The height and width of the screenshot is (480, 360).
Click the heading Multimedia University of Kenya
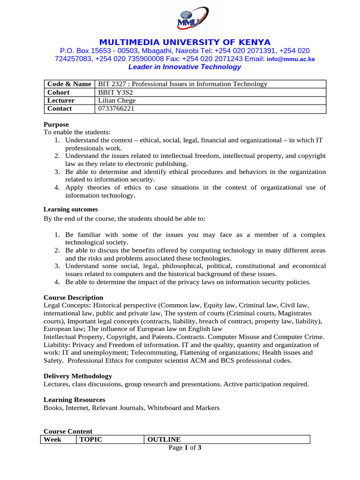184,42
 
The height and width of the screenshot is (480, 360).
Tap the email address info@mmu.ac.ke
291,59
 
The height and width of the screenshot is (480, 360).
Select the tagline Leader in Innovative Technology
184,67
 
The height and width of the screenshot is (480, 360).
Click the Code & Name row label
69,84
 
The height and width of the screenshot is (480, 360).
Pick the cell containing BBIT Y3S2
112,92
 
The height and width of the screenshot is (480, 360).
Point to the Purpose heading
56,125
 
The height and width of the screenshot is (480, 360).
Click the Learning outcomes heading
71,210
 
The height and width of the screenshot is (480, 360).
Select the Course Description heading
73,298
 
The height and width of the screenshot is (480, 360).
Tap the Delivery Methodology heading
78,376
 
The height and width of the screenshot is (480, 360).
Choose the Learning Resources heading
75,400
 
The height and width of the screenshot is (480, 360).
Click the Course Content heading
68,431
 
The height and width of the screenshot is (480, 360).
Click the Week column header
52,440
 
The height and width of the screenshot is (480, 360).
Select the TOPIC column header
90,440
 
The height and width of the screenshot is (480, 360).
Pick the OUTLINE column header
164,440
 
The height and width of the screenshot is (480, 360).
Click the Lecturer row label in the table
61,100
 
